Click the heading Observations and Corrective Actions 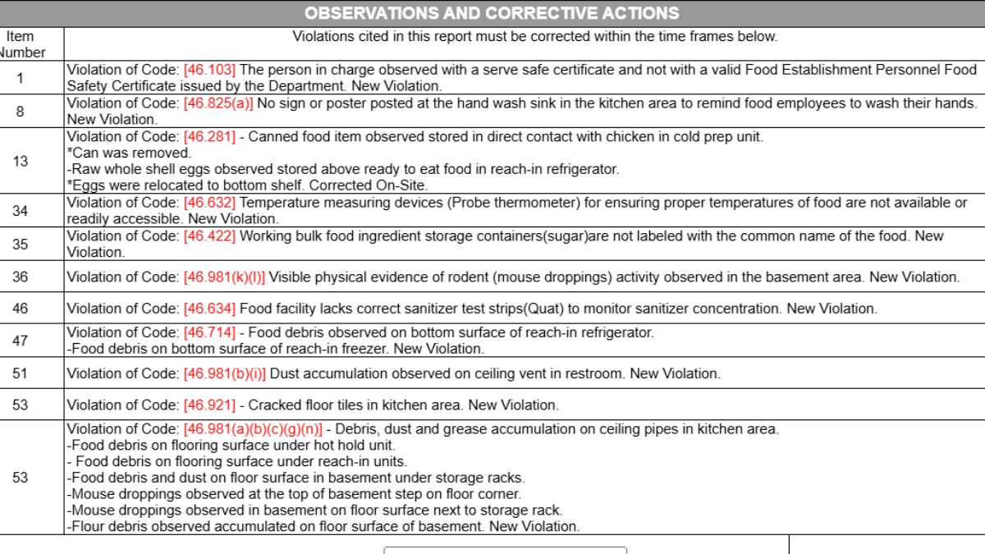point(492,13)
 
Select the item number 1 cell point(21,79)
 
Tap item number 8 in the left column point(21,111)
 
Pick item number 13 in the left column point(21,161)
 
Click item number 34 point(21,211)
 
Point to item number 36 point(21,277)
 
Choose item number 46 point(21,309)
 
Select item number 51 point(21,373)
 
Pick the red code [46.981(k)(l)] point(224,277)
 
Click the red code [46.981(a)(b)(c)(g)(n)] point(253,429)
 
